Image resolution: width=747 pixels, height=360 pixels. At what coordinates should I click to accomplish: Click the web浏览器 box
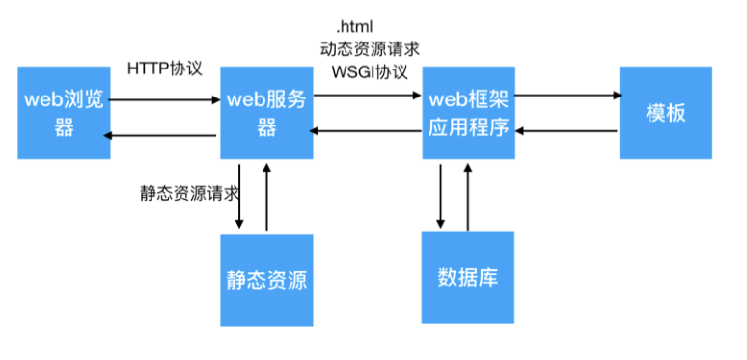click(64, 113)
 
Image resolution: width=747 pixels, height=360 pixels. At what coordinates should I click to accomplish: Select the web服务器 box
click(266, 113)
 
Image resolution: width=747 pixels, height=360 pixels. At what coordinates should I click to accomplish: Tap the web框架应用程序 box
click(468, 113)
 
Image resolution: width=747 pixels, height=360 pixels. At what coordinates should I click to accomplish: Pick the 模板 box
click(665, 113)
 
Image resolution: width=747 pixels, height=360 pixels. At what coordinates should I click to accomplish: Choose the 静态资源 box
click(266, 280)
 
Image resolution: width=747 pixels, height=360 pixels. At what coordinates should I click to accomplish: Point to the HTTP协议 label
click(164, 69)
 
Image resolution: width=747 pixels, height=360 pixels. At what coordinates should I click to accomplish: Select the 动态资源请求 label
click(370, 47)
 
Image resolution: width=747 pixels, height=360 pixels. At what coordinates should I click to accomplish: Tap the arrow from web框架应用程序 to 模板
click(567, 96)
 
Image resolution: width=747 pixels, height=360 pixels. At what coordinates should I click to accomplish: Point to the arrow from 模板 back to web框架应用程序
click(567, 131)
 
